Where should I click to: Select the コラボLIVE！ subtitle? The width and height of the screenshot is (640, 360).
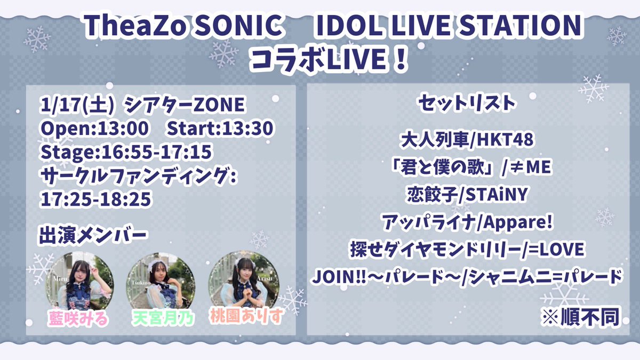point(320,60)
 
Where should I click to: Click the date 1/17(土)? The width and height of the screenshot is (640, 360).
point(78,106)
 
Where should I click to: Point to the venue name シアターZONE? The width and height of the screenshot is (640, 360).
point(185,106)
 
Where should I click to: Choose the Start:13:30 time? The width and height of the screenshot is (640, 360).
point(220,129)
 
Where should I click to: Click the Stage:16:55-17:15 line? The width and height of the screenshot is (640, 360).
point(126,152)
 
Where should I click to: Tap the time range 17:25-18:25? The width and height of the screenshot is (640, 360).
point(96,198)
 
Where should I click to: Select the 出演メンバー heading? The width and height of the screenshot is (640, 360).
point(92,235)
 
